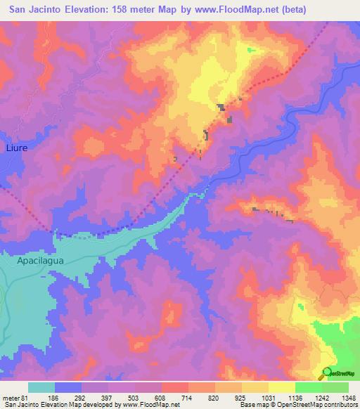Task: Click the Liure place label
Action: [x=15, y=148]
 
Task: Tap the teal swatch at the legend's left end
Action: [x=41, y=387]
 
